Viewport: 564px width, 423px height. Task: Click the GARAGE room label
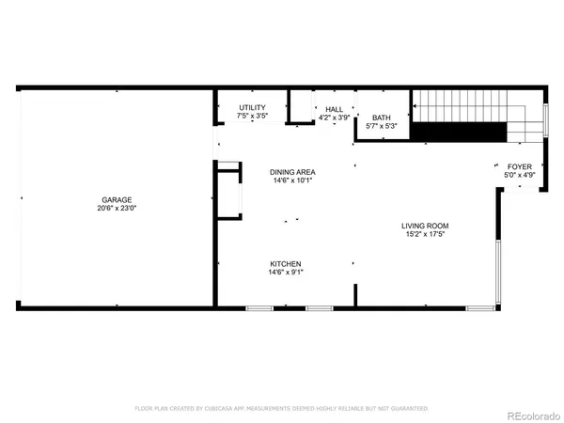point(117,199)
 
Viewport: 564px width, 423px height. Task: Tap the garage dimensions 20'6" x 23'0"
point(117,208)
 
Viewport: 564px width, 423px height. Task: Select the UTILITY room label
point(252,108)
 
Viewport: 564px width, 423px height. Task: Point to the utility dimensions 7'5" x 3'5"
point(252,117)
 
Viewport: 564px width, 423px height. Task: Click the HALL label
point(335,109)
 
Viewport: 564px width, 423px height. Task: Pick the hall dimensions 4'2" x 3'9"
point(335,117)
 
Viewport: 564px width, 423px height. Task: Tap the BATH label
point(381,117)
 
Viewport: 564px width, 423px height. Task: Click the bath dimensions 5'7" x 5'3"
point(381,126)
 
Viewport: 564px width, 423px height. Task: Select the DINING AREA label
point(292,172)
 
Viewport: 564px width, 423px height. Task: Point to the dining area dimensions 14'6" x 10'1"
point(292,180)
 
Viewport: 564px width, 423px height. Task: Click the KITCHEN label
point(287,263)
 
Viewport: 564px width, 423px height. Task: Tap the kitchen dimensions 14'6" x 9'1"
point(287,272)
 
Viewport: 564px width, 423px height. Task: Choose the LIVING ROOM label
point(425,226)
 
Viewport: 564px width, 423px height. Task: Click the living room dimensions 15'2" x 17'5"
point(425,234)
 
